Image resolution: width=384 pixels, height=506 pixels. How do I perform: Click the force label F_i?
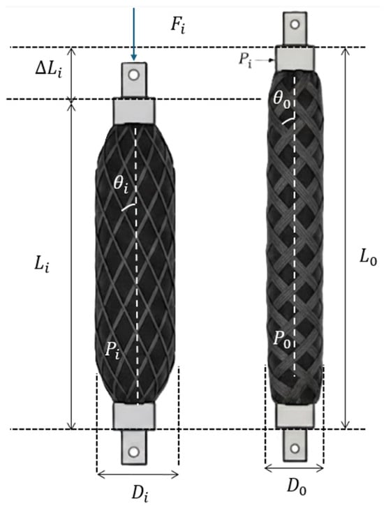pos(178,26)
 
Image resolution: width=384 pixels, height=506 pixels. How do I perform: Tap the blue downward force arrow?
pos(134,34)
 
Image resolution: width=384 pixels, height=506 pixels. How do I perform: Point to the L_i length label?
pos(42,266)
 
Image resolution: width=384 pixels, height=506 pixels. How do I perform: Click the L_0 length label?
pos(368,258)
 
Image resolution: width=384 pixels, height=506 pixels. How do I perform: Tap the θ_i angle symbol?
pos(121,186)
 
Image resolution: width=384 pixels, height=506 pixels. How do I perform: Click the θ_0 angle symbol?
pos(282,98)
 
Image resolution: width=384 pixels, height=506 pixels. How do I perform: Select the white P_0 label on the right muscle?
pos(282,339)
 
